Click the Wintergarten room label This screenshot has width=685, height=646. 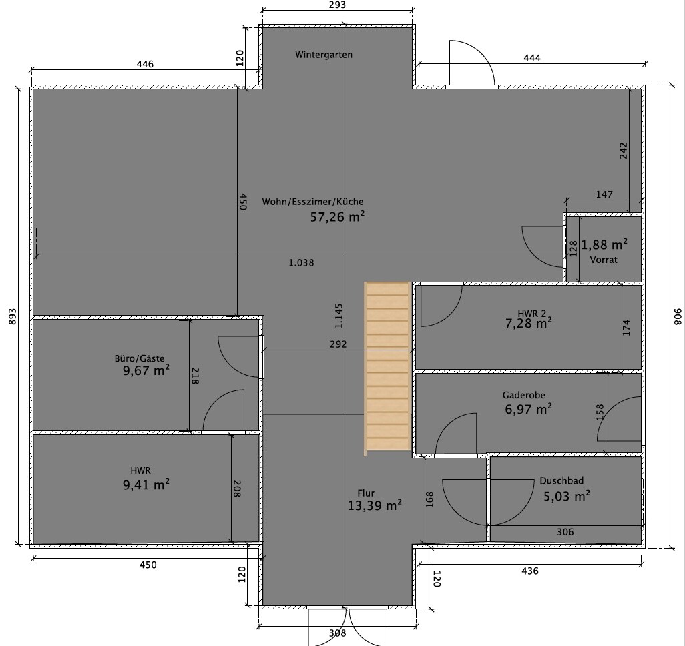tap(324, 55)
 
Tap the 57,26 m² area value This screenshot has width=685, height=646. tap(337, 217)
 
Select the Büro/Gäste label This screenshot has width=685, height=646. tap(140, 358)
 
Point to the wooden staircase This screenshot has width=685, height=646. tap(387, 368)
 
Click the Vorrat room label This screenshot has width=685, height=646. tap(604, 260)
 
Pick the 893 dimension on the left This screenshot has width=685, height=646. tap(12, 317)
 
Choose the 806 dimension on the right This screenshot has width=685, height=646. tap(677, 316)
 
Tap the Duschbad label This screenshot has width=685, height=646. tap(561, 481)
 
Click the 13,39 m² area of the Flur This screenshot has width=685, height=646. tap(375, 505)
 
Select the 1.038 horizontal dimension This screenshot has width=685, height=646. tap(301, 262)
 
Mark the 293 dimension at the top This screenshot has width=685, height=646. tap(337, 5)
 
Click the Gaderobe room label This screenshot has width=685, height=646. tap(524, 395)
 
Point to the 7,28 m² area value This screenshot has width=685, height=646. tap(528, 323)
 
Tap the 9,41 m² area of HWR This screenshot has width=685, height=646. tap(146, 485)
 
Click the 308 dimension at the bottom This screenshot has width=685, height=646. tap(337, 633)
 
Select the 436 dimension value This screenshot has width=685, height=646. tap(530, 571)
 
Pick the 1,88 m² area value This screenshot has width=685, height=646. tap(604, 245)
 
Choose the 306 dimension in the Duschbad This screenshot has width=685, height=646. tap(565, 532)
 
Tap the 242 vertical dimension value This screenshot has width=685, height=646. tap(624, 151)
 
